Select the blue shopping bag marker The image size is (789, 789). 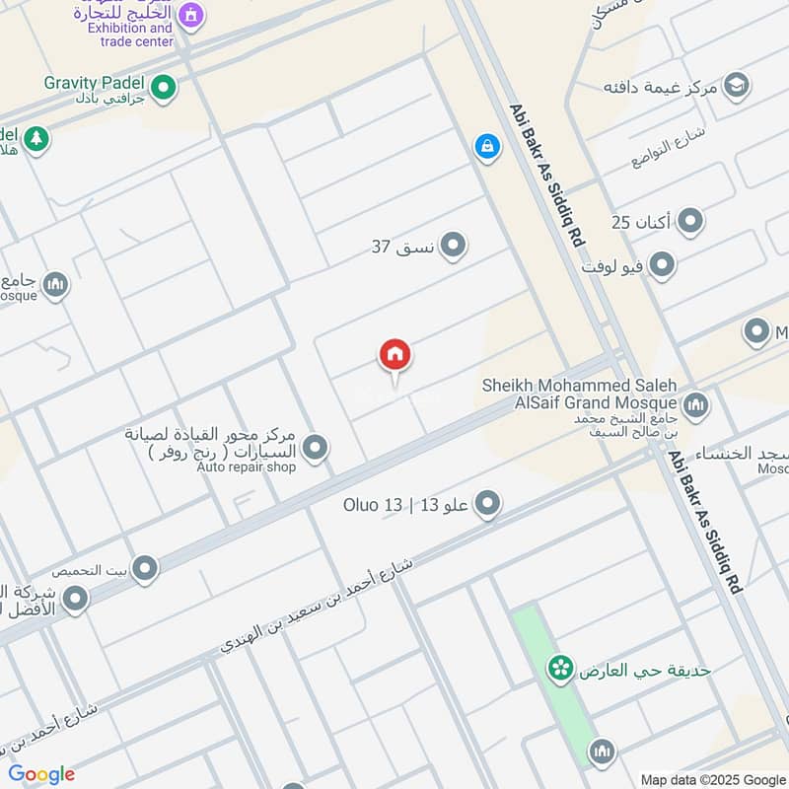pos(486,147)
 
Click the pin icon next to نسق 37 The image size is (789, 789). pos(453,245)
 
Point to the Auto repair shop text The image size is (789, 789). pos(247,466)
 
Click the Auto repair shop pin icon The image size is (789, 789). pos(316,449)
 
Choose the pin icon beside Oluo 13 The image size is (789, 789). pos(487,506)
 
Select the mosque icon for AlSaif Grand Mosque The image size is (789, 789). pos(695,404)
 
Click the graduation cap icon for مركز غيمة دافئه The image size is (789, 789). pos(735,87)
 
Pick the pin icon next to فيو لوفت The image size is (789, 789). pos(662,265)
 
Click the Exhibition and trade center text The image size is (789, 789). pos(130,35)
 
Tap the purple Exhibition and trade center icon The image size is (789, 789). pos(191,14)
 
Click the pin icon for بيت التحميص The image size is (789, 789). pos(145,568)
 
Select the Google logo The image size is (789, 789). pos(41,774)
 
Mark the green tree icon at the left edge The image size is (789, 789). pos(36,139)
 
